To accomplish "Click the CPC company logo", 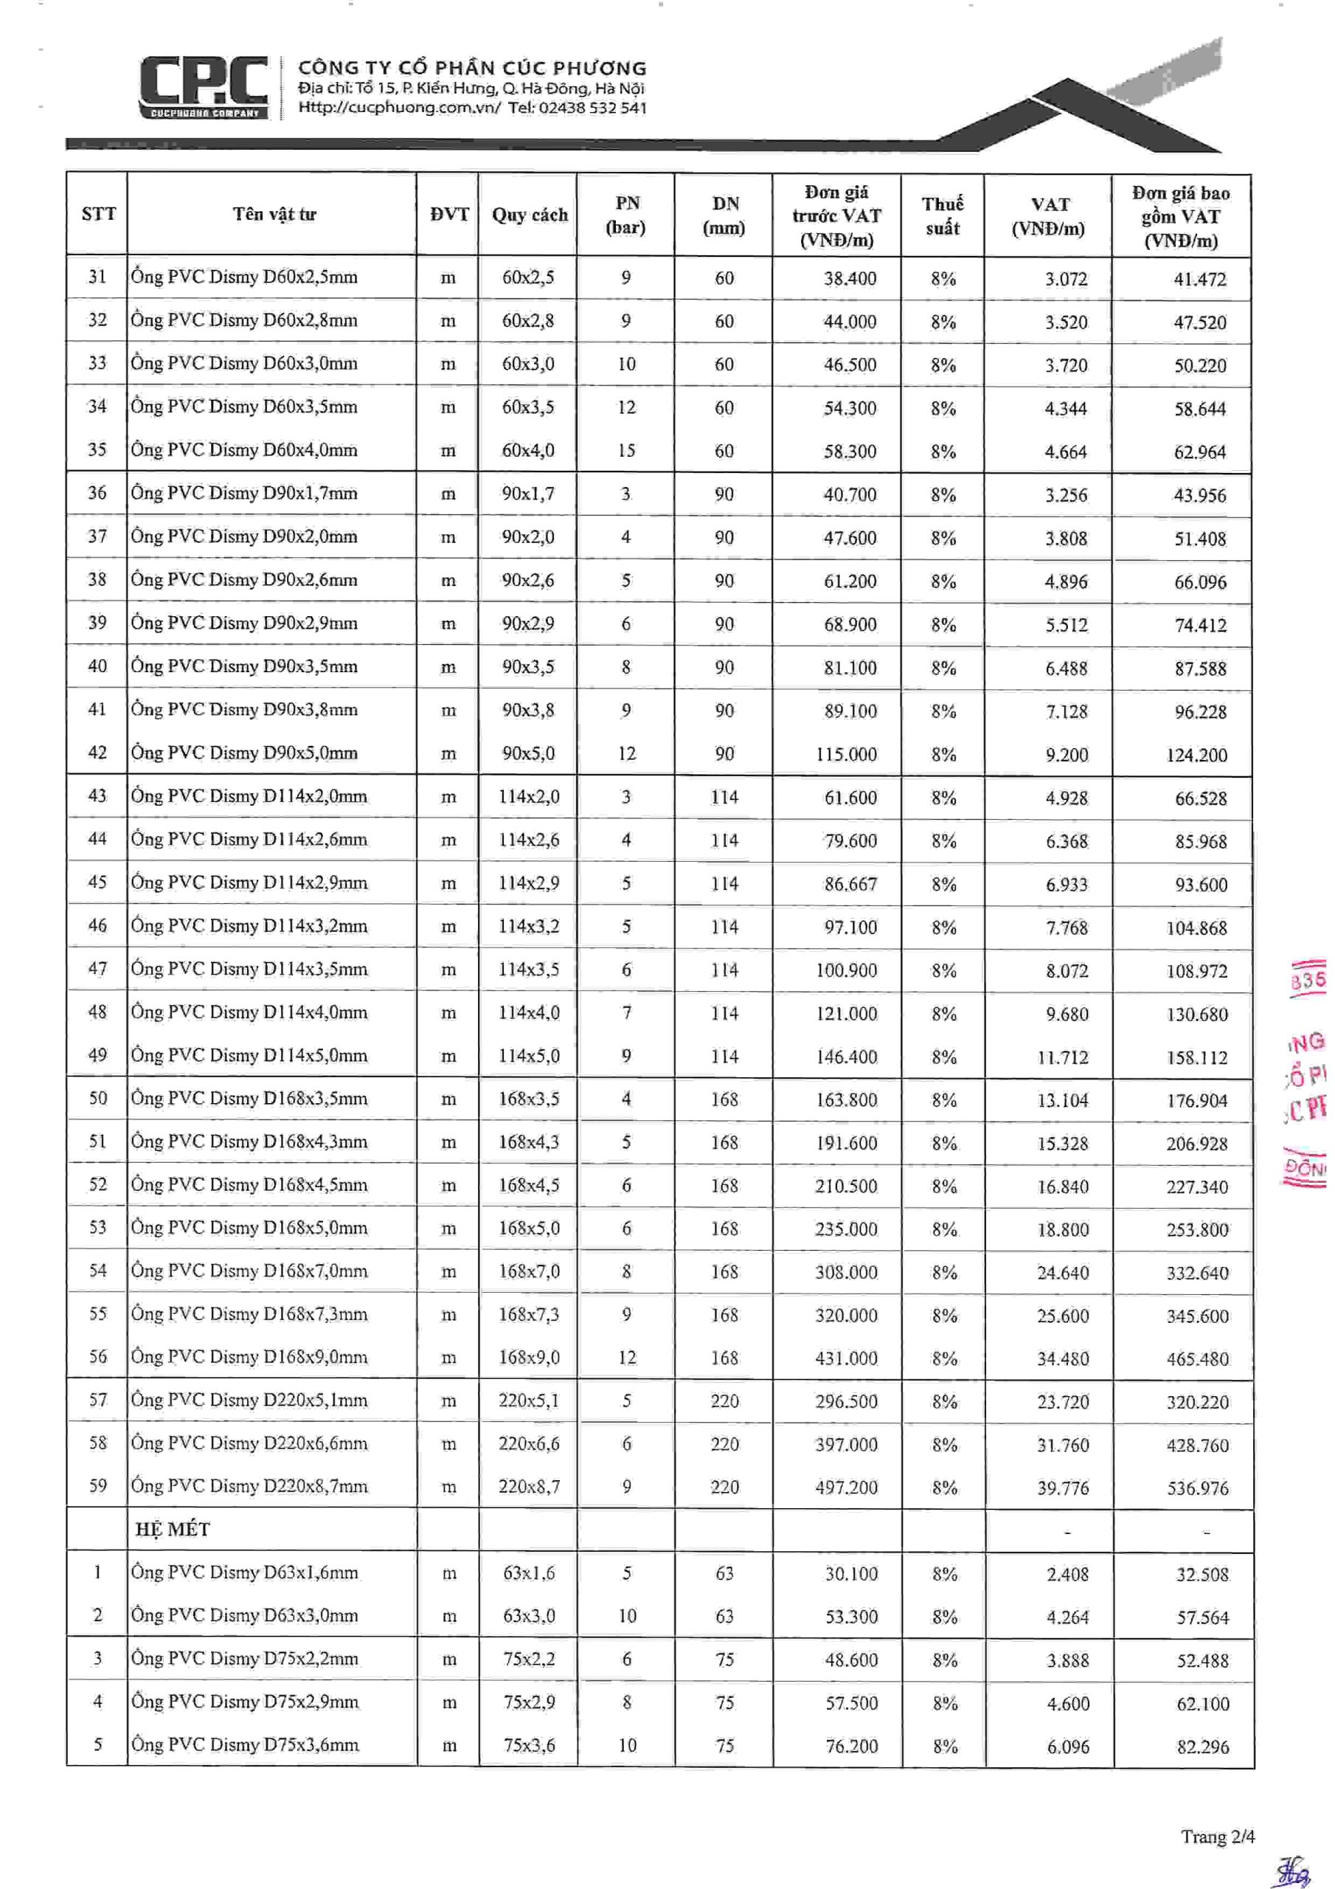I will tap(203, 86).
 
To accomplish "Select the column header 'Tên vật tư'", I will tap(274, 215).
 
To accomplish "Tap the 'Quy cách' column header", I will tap(529, 215).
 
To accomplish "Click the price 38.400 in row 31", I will tap(850, 279).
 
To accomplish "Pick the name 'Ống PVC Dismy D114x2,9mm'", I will tap(249, 883).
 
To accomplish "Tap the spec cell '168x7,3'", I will tap(528, 1315).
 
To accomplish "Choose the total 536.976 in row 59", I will tap(1197, 1488).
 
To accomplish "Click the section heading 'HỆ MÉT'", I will tap(173, 1530).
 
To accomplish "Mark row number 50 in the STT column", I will tap(98, 1099).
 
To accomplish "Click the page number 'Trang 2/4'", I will tap(1218, 1837).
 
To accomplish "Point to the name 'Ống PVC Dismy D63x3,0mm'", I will tap(244, 1615).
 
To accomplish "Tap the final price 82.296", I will tap(1202, 1746).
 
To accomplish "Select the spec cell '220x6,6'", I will tap(528, 1444).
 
